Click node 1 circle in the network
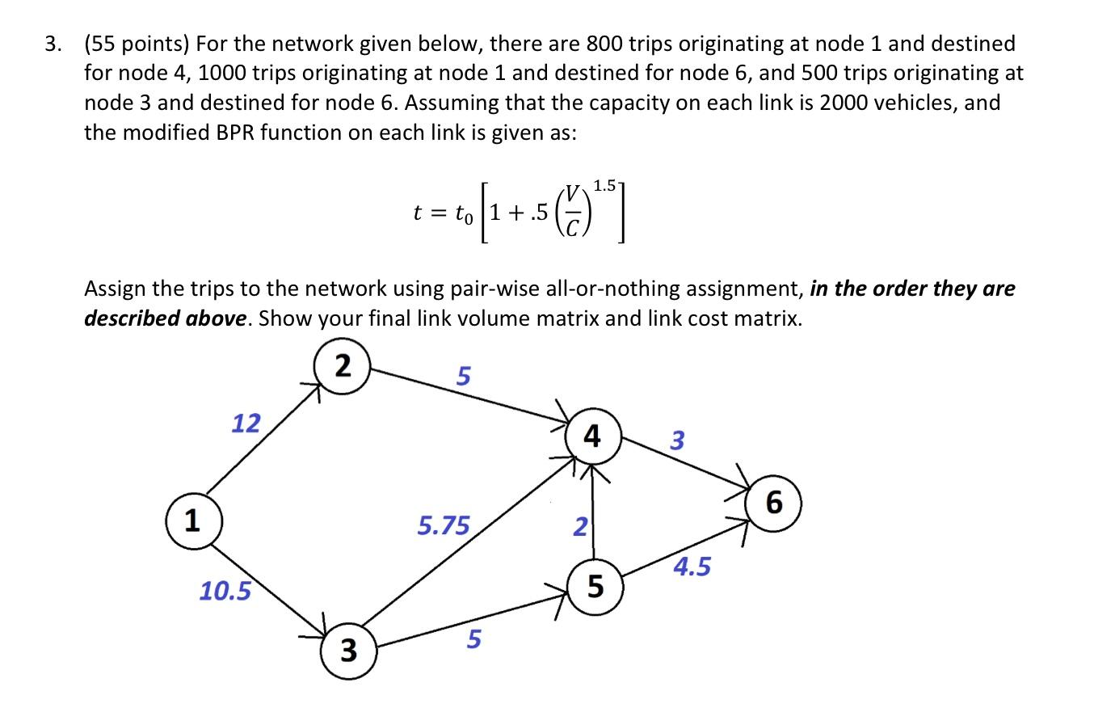(x=191, y=522)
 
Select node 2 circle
(x=343, y=367)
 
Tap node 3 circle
(x=348, y=650)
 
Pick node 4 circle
(x=592, y=437)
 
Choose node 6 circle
(x=773, y=503)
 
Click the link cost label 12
(x=246, y=423)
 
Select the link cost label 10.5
(x=225, y=592)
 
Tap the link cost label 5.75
(x=443, y=526)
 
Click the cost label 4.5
(x=692, y=567)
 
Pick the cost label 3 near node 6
(x=677, y=440)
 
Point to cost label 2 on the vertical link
(x=579, y=527)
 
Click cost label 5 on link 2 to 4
(x=463, y=376)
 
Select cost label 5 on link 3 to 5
(x=473, y=639)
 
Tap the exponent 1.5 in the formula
(x=606, y=185)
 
